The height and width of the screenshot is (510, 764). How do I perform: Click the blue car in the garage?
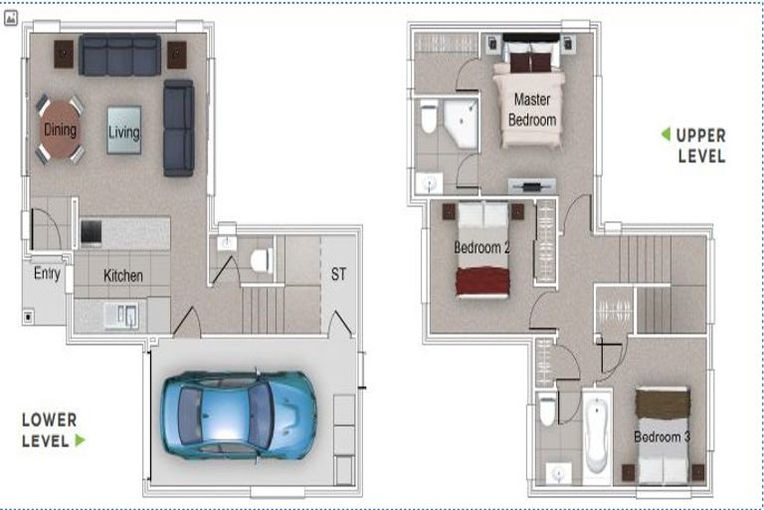[239, 415]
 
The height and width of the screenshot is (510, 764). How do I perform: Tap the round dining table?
[60, 129]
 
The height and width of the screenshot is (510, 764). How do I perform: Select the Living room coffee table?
[124, 130]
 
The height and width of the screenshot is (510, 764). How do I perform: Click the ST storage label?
[338, 274]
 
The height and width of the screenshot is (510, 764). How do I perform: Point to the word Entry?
[47, 273]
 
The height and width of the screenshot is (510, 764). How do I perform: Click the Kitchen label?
[122, 276]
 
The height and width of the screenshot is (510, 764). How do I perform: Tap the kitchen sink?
[120, 316]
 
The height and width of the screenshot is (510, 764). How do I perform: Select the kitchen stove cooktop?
[92, 231]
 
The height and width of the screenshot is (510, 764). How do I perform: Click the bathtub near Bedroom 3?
[597, 436]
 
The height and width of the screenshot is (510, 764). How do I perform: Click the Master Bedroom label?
[532, 110]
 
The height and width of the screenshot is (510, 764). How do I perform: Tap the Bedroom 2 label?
[481, 247]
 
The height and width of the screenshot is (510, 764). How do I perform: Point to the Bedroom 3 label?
[662, 436]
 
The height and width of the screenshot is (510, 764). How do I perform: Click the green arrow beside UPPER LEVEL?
[666, 133]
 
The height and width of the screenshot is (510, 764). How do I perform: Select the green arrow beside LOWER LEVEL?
[81, 440]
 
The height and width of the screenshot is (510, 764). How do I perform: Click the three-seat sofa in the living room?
[119, 55]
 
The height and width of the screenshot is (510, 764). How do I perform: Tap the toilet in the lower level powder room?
[262, 260]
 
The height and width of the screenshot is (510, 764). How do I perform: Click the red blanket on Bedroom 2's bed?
[482, 282]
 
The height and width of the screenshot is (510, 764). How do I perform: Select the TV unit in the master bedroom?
[531, 186]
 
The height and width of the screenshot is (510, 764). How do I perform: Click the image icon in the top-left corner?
[11, 19]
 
